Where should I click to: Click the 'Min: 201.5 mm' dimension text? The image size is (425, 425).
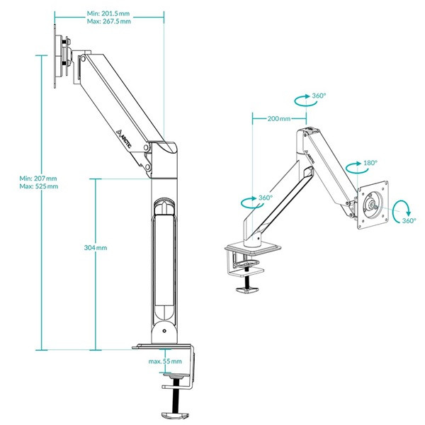[108, 13]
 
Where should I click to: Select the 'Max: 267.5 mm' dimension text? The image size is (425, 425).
[108, 22]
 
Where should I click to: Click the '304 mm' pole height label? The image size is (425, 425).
[95, 248]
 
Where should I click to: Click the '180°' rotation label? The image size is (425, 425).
[368, 162]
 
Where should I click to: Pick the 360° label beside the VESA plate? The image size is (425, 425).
[409, 220]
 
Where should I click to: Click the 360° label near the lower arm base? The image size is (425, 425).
[265, 198]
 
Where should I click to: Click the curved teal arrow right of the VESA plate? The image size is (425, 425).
[402, 207]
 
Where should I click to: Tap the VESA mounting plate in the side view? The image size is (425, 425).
[62, 57]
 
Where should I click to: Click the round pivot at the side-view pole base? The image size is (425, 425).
[164, 330]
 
